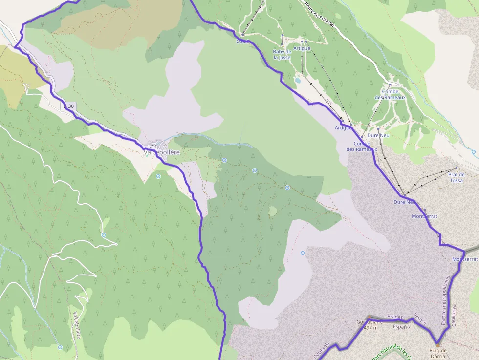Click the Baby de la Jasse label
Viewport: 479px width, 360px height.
[282, 54]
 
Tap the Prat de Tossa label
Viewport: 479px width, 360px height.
[456, 177]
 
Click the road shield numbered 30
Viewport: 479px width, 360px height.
[69, 106]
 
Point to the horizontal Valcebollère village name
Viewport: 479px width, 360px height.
[162, 152]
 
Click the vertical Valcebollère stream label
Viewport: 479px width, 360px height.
[77, 325]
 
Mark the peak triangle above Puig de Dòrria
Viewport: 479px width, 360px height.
[438, 344]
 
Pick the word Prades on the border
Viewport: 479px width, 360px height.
[395, 317]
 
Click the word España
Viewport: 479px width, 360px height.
[401, 327]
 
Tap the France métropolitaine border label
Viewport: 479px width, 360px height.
[446, 300]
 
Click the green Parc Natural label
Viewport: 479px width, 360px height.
[391, 353]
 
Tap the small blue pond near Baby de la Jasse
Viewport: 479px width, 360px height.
[298, 80]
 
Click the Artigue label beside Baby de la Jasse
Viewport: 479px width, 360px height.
[302, 48]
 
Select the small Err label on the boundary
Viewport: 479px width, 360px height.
[329, 103]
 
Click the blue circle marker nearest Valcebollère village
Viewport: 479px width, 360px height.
[158, 176]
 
